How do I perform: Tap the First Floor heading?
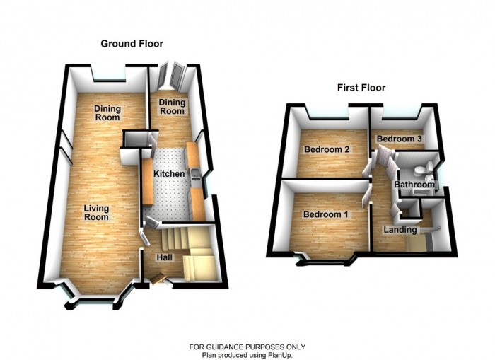coord(361,88)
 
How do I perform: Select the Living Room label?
coord(96,212)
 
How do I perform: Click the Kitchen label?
coord(170,174)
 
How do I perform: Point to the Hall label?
coord(164,257)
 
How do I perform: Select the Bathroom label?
coord(414,185)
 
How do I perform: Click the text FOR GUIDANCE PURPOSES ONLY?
coord(247,347)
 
